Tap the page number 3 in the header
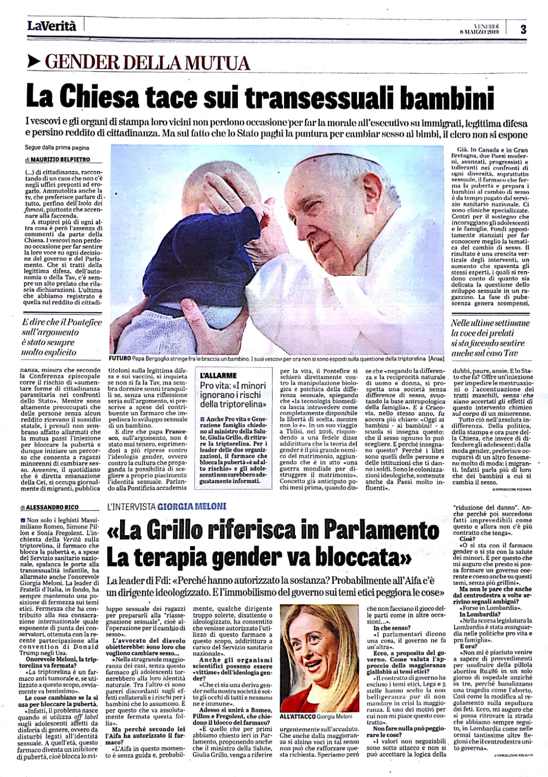click(x=523, y=29)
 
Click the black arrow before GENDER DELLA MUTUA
click(x=33, y=62)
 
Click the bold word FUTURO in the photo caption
click(x=122, y=359)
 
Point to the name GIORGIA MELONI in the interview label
click(x=192, y=506)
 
